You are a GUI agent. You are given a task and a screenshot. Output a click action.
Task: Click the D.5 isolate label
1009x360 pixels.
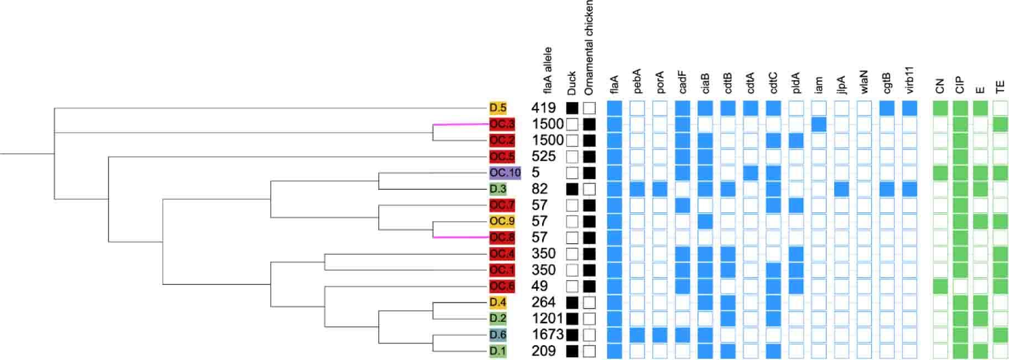(497, 108)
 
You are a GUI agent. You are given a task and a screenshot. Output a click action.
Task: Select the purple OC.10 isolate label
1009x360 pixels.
(504, 173)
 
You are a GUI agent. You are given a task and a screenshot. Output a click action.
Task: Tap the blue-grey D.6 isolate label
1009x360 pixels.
(497, 335)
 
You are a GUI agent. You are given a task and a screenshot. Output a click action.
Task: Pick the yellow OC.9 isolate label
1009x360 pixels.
(502, 221)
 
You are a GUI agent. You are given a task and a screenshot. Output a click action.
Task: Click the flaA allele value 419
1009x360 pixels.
(543, 108)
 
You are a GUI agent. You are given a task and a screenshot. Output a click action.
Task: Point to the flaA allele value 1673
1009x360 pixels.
(547, 335)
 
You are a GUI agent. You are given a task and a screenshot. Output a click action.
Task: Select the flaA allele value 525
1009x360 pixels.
(543, 156)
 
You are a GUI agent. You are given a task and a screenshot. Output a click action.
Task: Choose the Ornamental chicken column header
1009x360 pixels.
(589, 47)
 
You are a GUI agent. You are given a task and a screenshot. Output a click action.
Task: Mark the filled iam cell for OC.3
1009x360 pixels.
(819, 124)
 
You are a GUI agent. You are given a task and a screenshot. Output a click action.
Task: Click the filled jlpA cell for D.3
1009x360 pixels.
(841, 189)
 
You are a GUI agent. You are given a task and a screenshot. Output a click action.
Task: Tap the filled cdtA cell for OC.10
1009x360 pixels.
(751, 173)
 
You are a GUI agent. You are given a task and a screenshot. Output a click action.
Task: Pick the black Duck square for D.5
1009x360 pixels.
(573, 108)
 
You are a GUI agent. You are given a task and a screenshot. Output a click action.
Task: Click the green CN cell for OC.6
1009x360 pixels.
(940, 286)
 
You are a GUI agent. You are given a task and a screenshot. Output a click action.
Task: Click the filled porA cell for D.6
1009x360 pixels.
(660, 335)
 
